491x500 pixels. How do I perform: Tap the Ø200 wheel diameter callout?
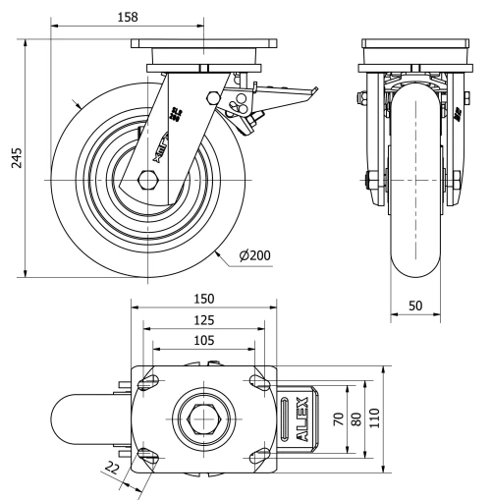coord(252,255)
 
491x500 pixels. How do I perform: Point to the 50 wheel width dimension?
coord(417,306)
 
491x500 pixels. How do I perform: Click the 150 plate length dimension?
coord(203,298)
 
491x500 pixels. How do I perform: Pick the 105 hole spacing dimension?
coord(203,340)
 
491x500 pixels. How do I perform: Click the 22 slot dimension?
coord(112,470)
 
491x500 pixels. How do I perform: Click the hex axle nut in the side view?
coord(149,180)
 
